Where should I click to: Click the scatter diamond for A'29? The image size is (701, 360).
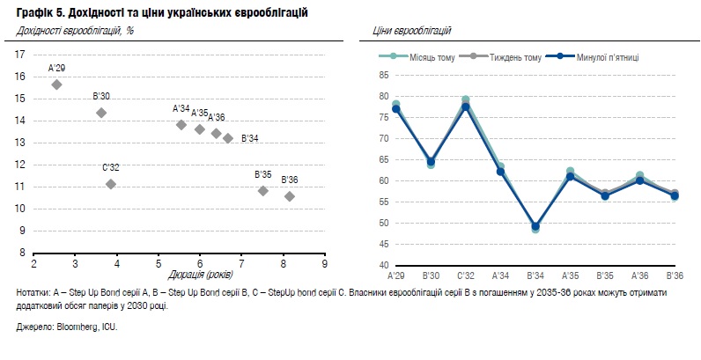56,84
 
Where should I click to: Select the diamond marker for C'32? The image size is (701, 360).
111,184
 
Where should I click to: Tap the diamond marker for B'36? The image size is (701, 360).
290,196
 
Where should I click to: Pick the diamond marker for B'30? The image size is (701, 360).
101,113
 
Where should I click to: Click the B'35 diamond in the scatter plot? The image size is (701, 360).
262,190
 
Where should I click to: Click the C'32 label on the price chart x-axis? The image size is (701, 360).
465,276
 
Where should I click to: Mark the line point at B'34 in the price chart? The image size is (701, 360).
535,226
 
